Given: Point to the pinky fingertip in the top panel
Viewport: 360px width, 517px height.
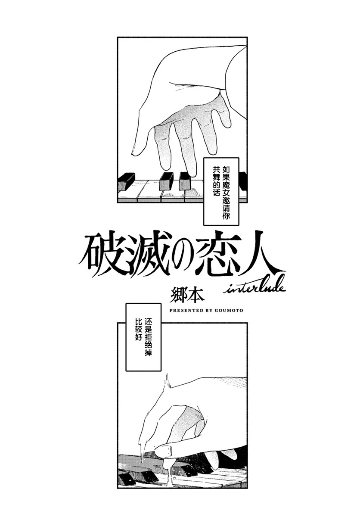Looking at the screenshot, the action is [x=227, y=124].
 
